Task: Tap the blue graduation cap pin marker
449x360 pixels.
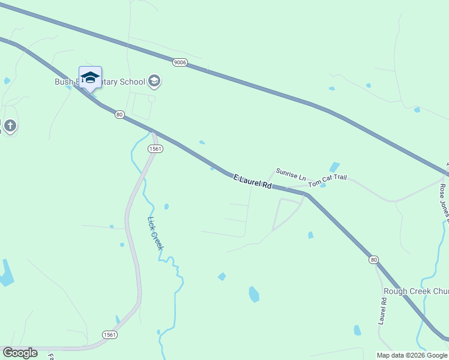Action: point(90,78)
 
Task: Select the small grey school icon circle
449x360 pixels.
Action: point(154,81)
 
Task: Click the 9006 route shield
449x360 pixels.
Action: point(179,62)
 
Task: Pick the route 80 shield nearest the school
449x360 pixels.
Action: point(119,115)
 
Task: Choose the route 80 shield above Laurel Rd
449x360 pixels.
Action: point(374,259)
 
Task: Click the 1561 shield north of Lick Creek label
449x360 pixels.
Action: point(154,149)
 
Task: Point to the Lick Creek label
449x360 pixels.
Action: point(156,233)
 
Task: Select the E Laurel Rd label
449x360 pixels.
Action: point(253,182)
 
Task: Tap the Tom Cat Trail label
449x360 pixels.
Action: point(328,181)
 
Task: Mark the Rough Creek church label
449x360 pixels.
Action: point(415,292)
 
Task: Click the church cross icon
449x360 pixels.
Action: point(10,126)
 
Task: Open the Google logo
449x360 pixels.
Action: point(20,353)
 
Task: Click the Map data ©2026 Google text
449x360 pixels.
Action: point(412,355)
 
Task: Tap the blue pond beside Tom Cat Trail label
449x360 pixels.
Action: point(323,185)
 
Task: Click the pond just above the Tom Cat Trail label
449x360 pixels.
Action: point(334,167)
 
